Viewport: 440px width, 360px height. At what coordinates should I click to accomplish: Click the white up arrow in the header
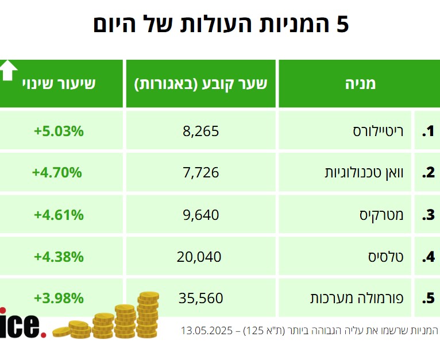pyautogui.click(x=8, y=69)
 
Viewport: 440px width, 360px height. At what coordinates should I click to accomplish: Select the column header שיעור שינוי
pyautogui.click(x=67, y=83)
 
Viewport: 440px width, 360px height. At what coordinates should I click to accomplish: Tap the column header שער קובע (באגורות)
pyautogui.click(x=200, y=83)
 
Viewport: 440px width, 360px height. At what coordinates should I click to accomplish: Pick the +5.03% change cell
pyautogui.click(x=59, y=131)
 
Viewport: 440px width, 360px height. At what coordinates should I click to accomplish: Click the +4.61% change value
pyautogui.click(x=59, y=215)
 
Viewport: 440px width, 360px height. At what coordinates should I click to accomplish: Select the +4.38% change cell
pyautogui.click(x=59, y=257)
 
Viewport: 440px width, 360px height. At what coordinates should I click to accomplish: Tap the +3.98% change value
pyautogui.click(x=59, y=298)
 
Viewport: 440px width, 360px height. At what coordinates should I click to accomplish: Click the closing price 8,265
pyautogui.click(x=200, y=131)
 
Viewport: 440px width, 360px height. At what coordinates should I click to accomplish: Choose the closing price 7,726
pyautogui.click(x=200, y=172)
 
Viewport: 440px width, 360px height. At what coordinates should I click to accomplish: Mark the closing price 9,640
pyautogui.click(x=200, y=215)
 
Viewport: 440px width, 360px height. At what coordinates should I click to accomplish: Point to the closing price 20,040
pyautogui.click(x=199, y=257)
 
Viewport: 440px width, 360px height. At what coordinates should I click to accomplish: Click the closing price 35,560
pyautogui.click(x=199, y=298)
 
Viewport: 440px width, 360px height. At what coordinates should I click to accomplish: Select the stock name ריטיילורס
pyautogui.click(x=378, y=131)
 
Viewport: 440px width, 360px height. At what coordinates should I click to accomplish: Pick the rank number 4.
pyautogui.click(x=428, y=257)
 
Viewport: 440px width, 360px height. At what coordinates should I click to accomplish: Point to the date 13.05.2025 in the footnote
pyautogui.click(x=207, y=331)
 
